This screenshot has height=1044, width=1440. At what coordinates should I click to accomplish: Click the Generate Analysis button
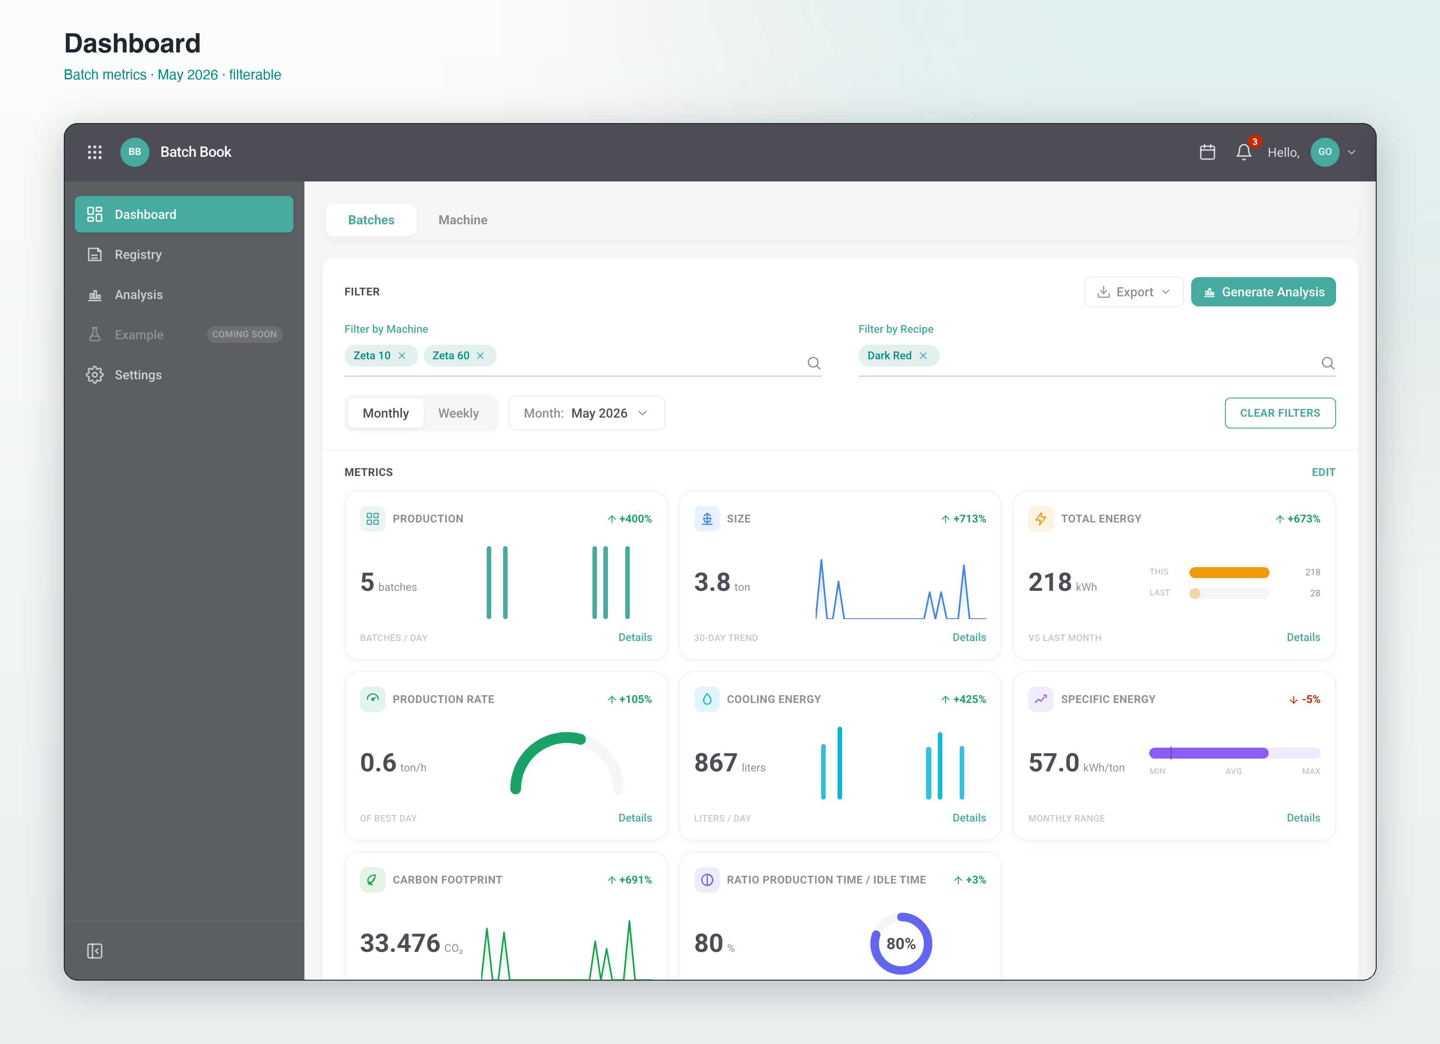[1263, 292]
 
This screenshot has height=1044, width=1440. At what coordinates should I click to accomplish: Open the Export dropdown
[1133, 292]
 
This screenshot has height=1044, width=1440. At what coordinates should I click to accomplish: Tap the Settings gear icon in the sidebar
[95, 375]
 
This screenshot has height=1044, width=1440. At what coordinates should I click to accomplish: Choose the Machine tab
[463, 220]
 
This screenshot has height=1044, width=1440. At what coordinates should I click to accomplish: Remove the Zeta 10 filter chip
[402, 356]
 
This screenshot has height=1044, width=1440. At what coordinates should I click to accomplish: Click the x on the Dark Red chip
[923, 356]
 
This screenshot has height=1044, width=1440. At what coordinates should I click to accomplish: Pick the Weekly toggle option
[458, 413]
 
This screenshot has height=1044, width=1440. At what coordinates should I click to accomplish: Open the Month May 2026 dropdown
[586, 413]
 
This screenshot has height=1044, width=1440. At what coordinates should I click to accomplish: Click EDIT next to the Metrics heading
[1323, 472]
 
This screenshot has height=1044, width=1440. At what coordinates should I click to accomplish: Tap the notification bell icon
[1244, 152]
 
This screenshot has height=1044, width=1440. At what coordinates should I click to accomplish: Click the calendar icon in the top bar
[1208, 152]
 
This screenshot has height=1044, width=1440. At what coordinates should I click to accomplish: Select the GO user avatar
[1324, 152]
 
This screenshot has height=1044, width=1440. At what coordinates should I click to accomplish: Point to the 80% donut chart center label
[901, 944]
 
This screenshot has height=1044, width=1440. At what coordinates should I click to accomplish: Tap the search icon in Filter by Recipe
[1327, 363]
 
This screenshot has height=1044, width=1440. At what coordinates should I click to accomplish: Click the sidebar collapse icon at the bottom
[95, 951]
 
